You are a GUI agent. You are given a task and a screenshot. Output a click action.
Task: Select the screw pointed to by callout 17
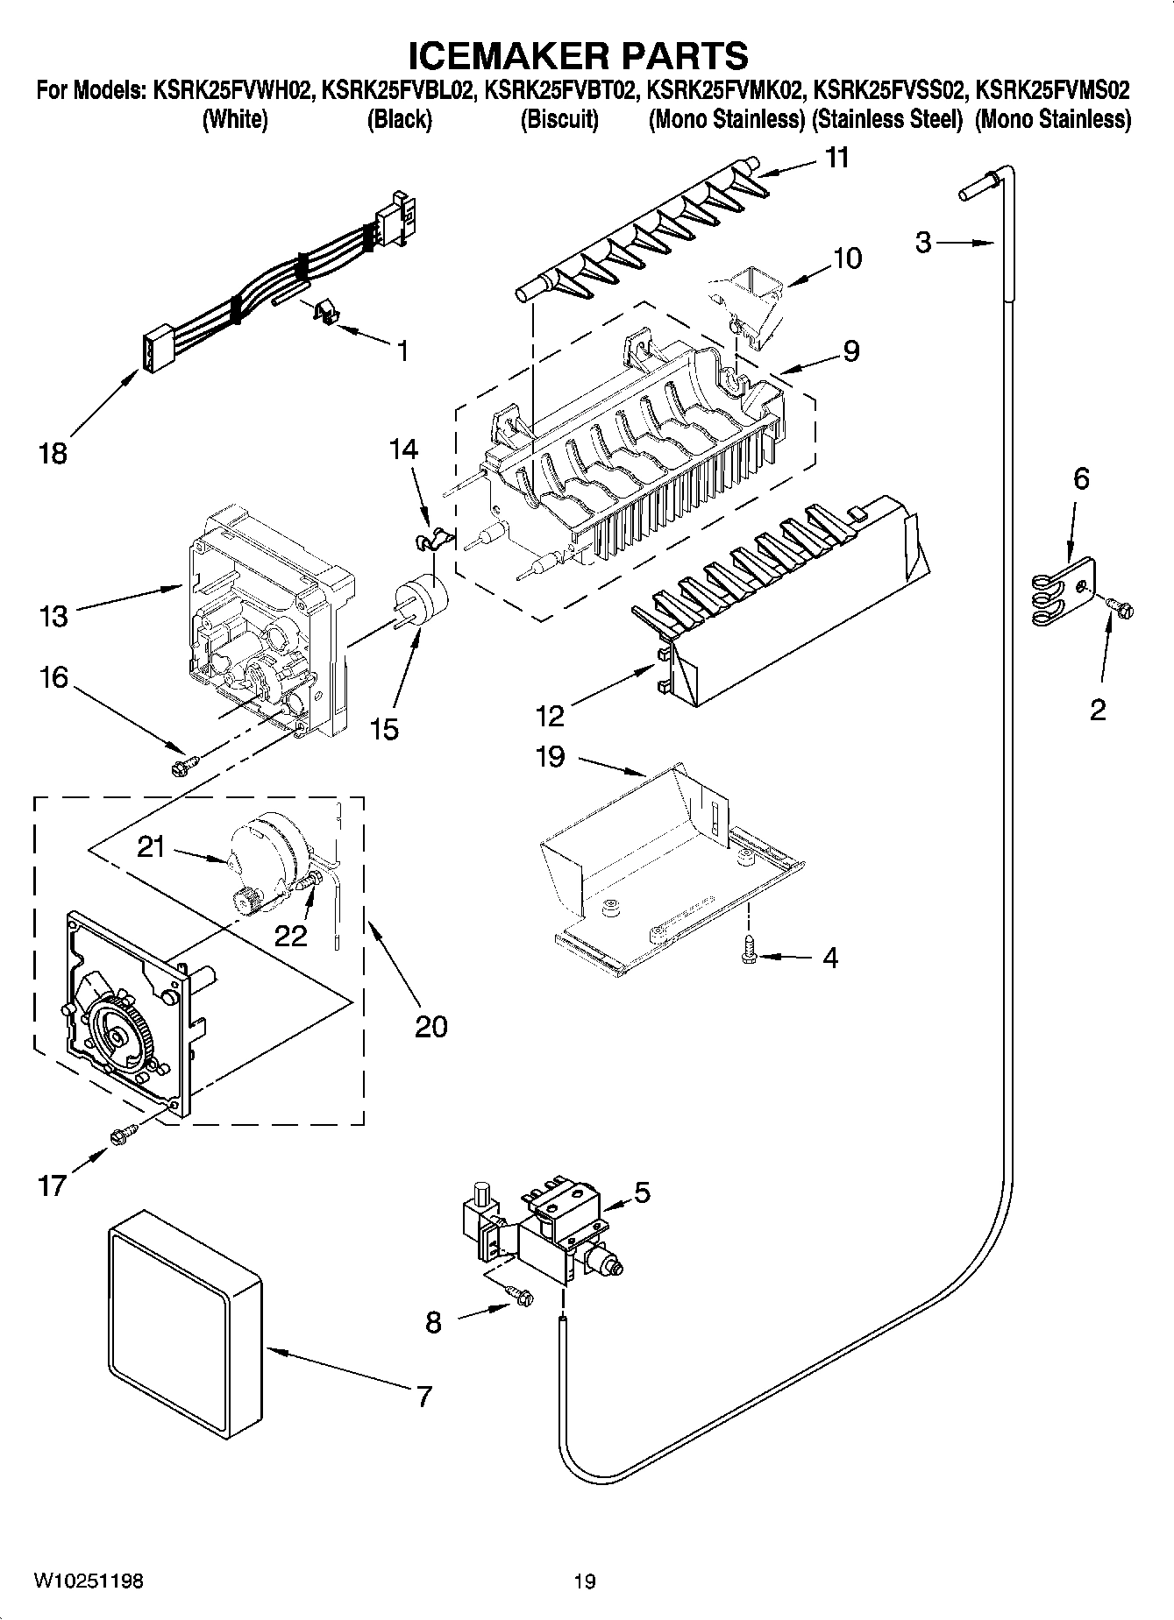(120, 1135)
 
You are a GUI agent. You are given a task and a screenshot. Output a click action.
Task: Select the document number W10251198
(88, 1581)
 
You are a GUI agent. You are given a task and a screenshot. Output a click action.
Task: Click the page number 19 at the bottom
(585, 1581)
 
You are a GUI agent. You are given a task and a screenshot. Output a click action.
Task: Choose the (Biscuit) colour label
(559, 120)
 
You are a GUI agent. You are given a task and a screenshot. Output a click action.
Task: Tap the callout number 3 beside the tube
(923, 241)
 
